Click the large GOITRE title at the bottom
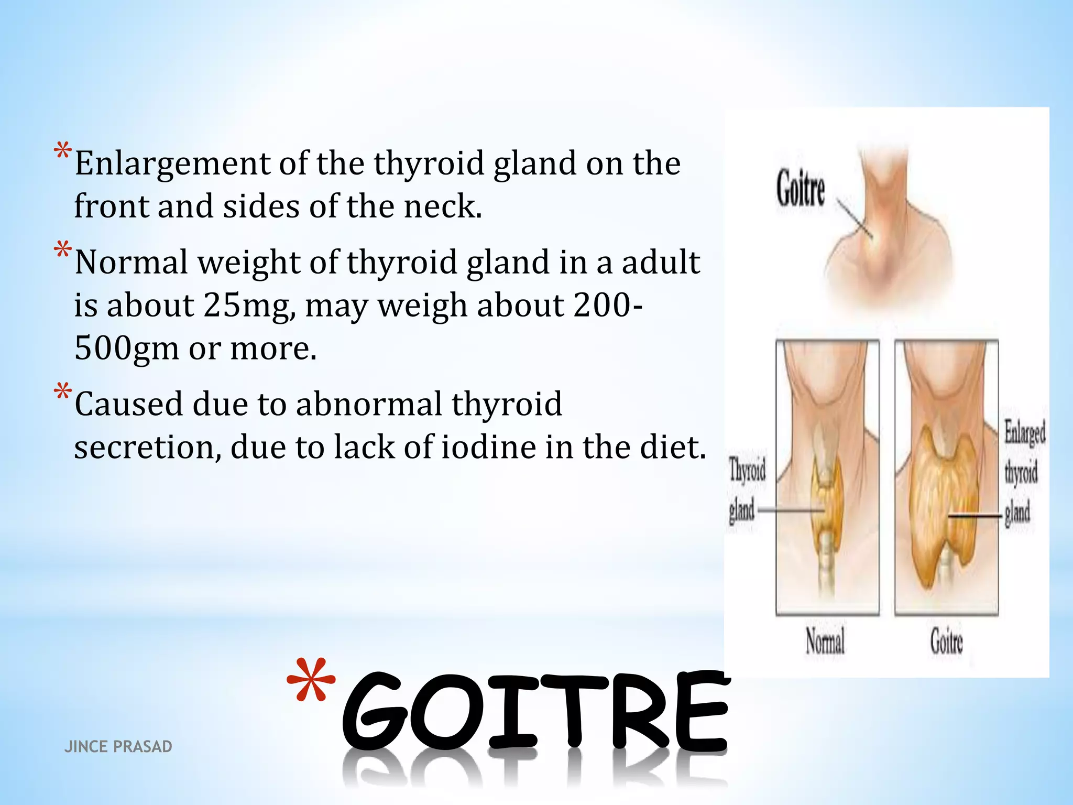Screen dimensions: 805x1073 coord(534,713)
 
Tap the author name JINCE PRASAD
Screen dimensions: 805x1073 coord(118,746)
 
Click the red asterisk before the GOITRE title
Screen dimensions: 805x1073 coord(311,681)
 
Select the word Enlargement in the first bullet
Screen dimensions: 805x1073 coord(172,164)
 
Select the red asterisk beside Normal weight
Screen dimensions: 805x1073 coord(62,250)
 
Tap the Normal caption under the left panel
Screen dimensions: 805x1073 coord(825,641)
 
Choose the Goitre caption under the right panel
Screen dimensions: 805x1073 coord(946,641)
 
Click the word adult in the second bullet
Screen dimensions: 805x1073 coord(661,263)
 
